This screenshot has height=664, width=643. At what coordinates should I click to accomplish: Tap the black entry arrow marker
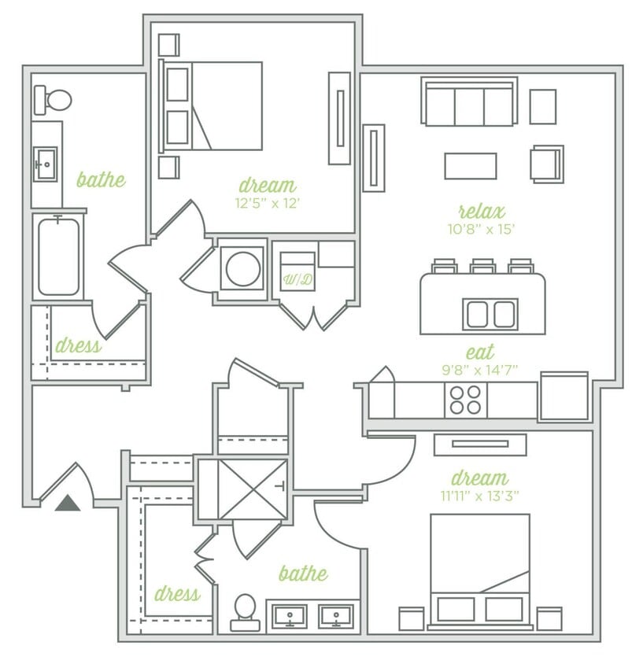click(68, 502)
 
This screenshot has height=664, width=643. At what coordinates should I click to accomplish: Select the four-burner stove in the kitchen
click(465, 400)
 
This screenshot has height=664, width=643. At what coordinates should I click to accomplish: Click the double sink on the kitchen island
click(490, 314)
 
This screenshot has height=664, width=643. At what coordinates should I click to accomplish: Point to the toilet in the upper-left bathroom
click(53, 100)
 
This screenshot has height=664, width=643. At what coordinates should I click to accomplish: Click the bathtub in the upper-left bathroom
click(58, 256)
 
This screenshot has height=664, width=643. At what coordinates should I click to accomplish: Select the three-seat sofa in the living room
click(469, 102)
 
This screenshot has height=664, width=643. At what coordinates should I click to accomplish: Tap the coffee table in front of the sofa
click(470, 166)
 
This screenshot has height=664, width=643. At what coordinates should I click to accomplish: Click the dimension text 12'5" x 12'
click(268, 203)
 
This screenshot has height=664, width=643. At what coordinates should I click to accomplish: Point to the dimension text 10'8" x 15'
click(482, 230)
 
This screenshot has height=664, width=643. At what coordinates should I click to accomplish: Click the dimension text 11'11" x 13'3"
click(479, 496)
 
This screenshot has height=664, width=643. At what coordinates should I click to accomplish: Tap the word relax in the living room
click(481, 211)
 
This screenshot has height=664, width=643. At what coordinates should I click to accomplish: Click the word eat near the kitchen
click(480, 352)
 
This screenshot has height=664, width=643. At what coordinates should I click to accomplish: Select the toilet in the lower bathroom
click(245, 611)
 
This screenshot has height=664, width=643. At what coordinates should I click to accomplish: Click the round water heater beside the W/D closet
click(242, 269)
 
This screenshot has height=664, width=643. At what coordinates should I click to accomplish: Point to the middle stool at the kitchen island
click(482, 266)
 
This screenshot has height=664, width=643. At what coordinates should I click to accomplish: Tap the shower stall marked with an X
click(242, 489)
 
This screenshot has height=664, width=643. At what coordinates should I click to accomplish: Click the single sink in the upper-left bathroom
click(45, 164)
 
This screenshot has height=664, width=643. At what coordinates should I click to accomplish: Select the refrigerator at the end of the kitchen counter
click(564, 397)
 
